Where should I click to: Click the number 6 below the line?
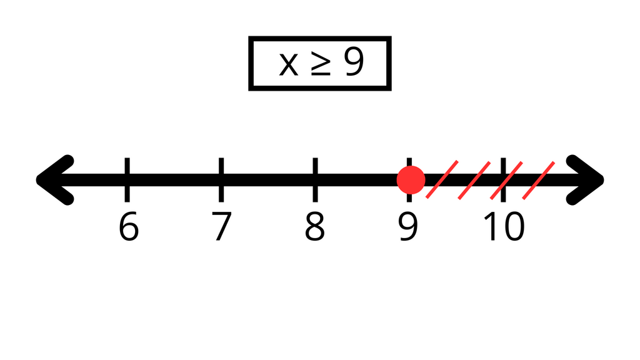[x=129, y=226]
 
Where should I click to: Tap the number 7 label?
[x=222, y=226]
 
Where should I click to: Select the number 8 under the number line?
[x=315, y=226]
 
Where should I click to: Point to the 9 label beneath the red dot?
[x=408, y=226]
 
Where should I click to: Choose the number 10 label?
[x=504, y=226]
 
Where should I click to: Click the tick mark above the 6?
[x=127, y=179]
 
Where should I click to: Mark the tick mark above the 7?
[x=221, y=179]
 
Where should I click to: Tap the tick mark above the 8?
[x=315, y=179]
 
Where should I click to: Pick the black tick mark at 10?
[x=503, y=179]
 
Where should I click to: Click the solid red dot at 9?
[x=411, y=180]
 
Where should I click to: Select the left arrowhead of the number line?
[x=55, y=180]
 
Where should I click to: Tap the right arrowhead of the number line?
[x=585, y=180]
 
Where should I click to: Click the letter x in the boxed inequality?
[x=289, y=64]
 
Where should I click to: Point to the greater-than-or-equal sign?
[x=321, y=62]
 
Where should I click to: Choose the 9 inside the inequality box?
[x=354, y=61]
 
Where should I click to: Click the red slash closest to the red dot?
[x=442, y=179]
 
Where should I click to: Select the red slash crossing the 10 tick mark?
[x=506, y=181]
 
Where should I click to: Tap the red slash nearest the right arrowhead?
[x=538, y=181]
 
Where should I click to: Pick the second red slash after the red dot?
[x=474, y=181]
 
